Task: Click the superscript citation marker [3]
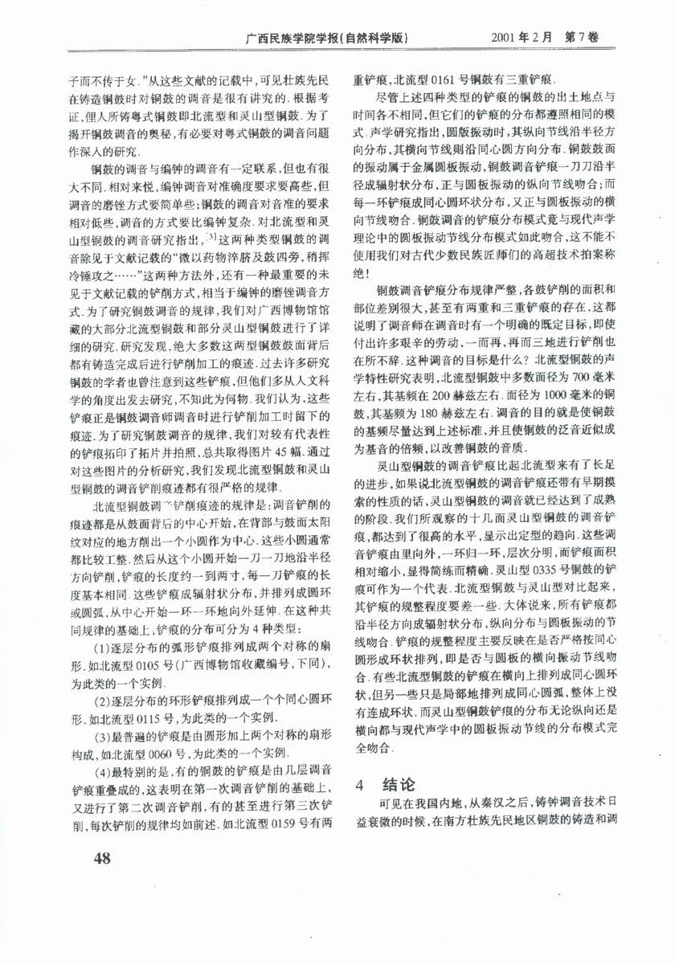click(211, 235)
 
